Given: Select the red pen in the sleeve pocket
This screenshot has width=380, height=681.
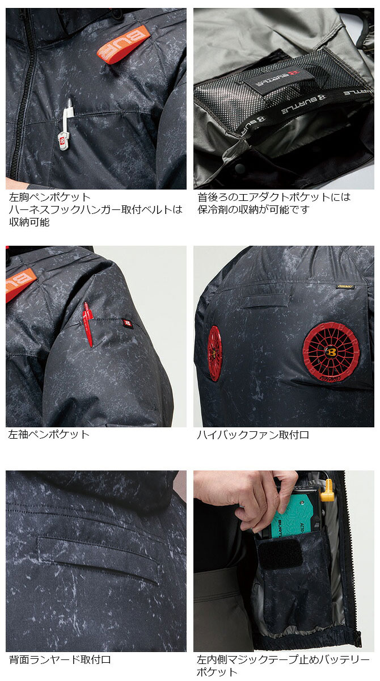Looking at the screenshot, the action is coord(88,325).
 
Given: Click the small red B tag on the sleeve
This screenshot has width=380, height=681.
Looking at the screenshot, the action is coord(127,323).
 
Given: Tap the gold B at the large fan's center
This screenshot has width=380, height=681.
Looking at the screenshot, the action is coord(331,352).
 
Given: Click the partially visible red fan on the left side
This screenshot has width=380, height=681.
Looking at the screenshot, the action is coord(214,353).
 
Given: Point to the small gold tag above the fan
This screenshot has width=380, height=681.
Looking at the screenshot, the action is coord(344,287).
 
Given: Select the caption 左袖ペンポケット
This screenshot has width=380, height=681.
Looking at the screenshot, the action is coord(49,435).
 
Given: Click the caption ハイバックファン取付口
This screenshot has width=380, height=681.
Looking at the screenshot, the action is coord(253,435).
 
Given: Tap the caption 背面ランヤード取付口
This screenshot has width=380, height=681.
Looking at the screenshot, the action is coord(60,659).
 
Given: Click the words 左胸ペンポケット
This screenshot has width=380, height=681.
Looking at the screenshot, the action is coord(50,197).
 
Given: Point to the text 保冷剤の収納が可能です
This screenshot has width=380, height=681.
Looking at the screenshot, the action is coord(254,209).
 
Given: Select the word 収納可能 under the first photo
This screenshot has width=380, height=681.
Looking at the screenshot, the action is coord(29,222).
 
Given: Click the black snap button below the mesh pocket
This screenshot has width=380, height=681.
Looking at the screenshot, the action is coord(240,167).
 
